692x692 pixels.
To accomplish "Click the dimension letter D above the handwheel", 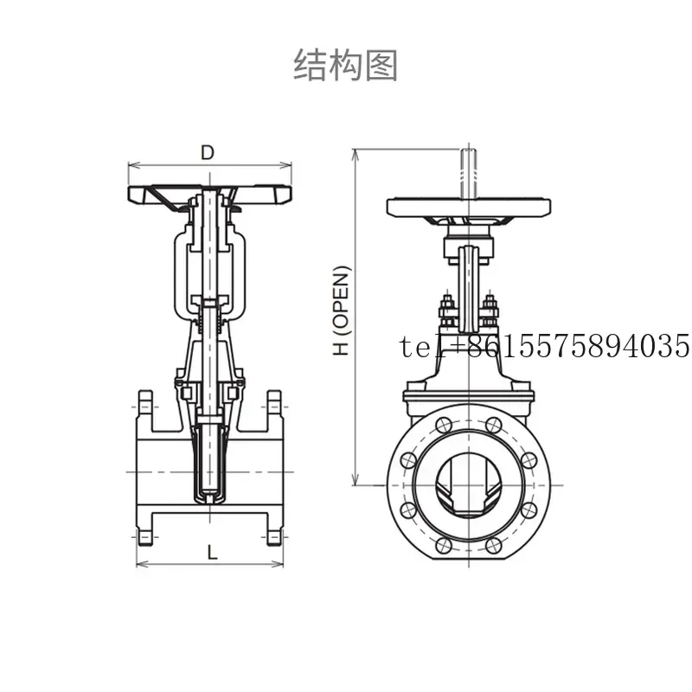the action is pyautogui.click(x=208, y=153).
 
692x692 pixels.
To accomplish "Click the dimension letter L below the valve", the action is pyautogui.click(x=212, y=552).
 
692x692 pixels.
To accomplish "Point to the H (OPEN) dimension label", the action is pyautogui.click(x=341, y=311).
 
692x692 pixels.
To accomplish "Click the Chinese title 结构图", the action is pyautogui.click(x=345, y=66).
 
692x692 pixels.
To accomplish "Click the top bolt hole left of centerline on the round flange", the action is pyautogui.click(x=444, y=426).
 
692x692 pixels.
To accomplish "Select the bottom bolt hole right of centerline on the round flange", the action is pyautogui.click(x=493, y=546).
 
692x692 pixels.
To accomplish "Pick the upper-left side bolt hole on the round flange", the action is pyautogui.click(x=408, y=460).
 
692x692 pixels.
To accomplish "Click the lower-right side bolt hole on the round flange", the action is pyautogui.click(x=529, y=510).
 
